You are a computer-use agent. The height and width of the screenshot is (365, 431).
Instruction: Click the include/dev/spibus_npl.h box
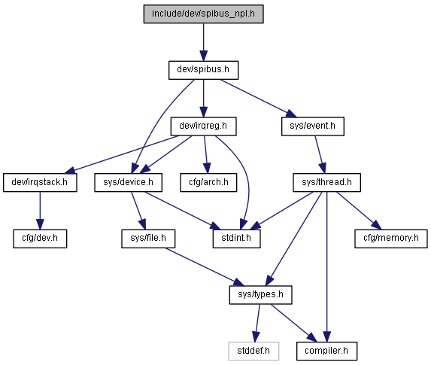click(203, 14)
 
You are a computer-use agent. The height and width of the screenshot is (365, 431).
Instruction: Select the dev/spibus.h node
click(203, 70)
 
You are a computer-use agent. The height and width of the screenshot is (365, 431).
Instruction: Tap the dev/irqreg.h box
click(203, 126)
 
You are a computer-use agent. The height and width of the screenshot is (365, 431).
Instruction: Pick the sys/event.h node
click(313, 126)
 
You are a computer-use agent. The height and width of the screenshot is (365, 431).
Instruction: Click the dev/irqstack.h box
click(40, 183)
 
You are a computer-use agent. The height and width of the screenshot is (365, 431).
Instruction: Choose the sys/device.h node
click(129, 183)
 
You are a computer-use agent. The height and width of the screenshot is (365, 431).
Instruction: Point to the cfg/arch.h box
click(208, 183)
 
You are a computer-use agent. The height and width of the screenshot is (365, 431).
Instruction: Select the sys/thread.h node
click(327, 183)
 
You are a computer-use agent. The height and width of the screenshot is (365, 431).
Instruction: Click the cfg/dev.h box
click(40, 239)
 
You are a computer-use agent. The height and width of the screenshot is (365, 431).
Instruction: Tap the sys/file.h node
click(148, 239)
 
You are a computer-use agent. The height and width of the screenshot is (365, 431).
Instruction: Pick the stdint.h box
click(237, 239)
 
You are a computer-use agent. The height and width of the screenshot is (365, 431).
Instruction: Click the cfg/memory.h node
click(391, 239)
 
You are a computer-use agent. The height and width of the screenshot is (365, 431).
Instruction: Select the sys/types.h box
click(261, 295)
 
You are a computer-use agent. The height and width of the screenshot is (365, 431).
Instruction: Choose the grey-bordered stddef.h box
click(253, 351)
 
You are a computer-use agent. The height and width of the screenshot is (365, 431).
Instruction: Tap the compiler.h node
click(327, 351)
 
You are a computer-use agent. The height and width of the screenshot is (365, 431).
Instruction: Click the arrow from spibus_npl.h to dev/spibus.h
click(203, 42)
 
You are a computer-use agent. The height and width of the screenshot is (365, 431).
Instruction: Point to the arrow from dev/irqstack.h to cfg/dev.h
click(40, 211)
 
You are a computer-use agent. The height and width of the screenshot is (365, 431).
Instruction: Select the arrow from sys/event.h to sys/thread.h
click(320, 154)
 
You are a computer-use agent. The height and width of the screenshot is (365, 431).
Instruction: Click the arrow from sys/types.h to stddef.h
click(257, 323)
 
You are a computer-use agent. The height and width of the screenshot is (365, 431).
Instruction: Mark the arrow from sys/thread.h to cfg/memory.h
click(359, 211)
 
